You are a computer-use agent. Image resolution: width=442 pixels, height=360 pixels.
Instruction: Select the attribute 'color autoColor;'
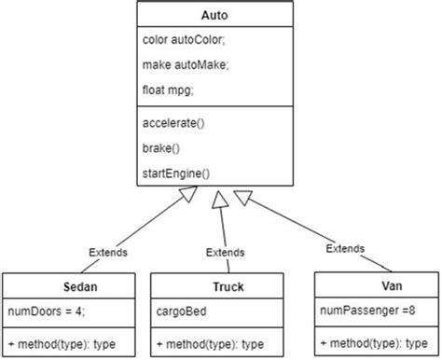click(x=183, y=41)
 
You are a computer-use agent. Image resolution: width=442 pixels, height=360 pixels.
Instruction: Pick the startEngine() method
click(x=176, y=173)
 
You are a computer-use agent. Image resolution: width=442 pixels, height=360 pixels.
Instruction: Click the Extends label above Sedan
click(x=108, y=252)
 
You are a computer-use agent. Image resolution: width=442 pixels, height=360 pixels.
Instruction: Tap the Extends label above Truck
click(x=226, y=252)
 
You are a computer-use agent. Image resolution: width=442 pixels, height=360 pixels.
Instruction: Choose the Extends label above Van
click(x=346, y=248)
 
